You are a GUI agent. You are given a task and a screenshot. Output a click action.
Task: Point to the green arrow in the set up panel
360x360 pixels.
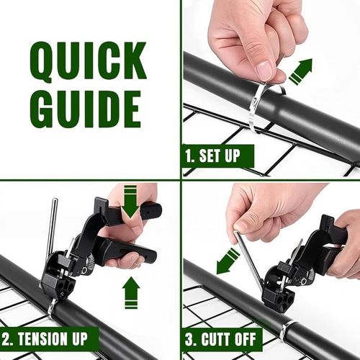pyautogui.click(x=300, y=72)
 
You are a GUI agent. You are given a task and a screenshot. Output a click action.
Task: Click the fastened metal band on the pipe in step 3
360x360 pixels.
pyautogui.click(x=286, y=330)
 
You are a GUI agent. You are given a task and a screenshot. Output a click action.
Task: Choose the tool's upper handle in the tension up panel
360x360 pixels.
pyautogui.click(x=126, y=216)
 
